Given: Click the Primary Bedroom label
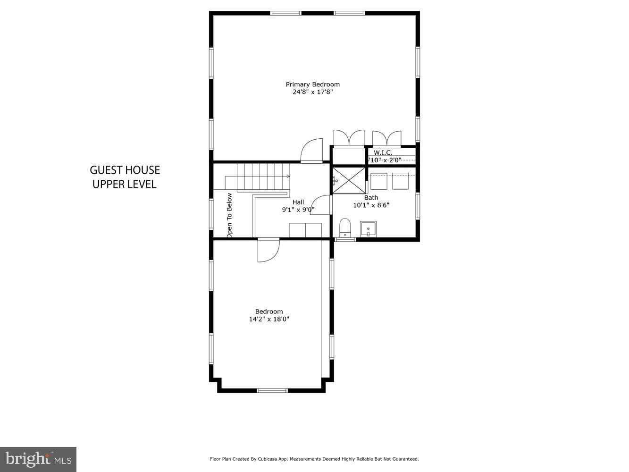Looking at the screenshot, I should click(x=312, y=84).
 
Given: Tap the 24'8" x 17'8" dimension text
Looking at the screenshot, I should click(x=312, y=92).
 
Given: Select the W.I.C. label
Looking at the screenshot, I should click(x=383, y=152).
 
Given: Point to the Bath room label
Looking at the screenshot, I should click(x=371, y=198).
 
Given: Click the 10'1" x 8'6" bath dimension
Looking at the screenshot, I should click(x=371, y=205).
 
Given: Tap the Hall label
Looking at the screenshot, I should click(x=298, y=202).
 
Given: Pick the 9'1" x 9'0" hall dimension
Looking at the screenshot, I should click(x=298, y=210).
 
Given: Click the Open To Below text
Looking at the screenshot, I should click(x=229, y=215).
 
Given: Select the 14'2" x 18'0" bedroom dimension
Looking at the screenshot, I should click(x=269, y=319).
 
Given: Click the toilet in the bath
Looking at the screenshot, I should click(x=345, y=228).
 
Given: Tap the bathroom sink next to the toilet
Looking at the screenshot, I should click(x=368, y=229).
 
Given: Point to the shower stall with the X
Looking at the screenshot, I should click(x=349, y=180).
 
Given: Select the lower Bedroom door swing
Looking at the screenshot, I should click(x=268, y=250).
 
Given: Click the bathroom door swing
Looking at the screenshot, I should click(x=322, y=206).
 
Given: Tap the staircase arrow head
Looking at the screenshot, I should click(x=288, y=176).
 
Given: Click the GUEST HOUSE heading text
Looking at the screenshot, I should click(x=125, y=170).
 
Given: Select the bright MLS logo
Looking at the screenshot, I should click(x=38, y=459).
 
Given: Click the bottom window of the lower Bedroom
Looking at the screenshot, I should click(x=272, y=390).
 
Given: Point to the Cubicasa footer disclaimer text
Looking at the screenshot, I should click(x=314, y=459).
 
